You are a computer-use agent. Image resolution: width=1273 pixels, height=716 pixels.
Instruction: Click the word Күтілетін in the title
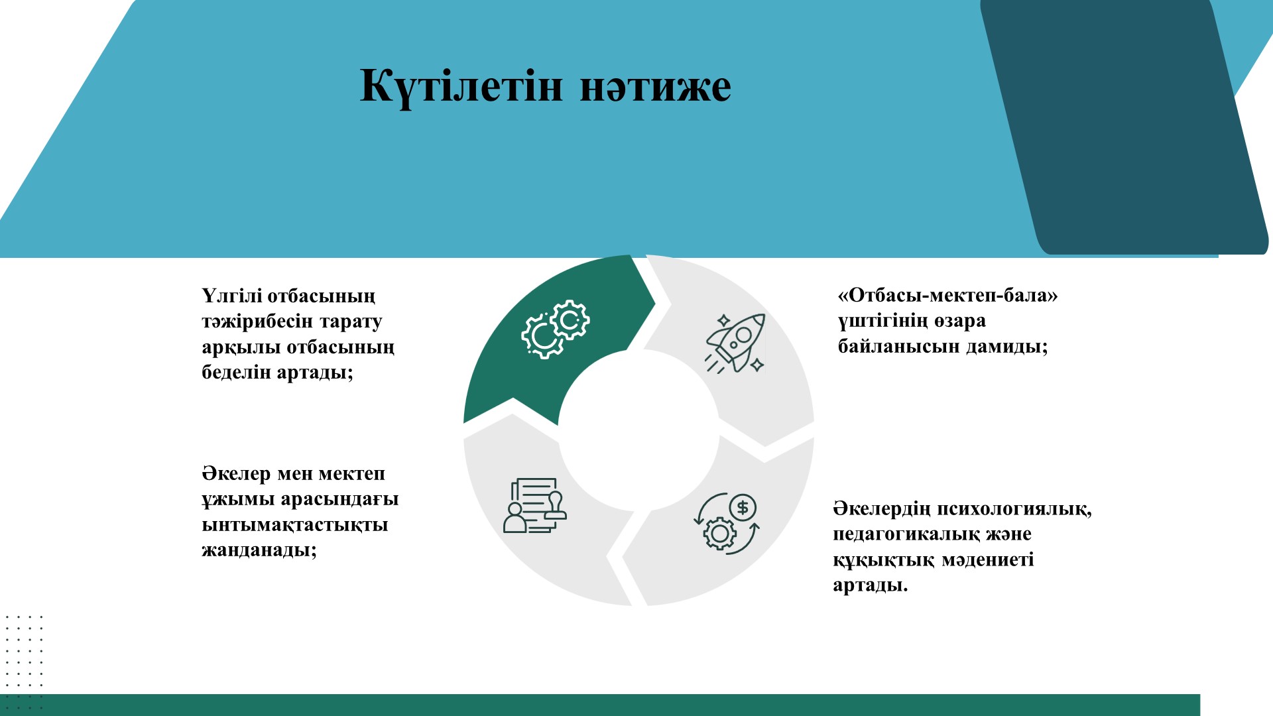461,87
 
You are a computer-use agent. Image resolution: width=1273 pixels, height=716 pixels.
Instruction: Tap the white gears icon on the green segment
556,329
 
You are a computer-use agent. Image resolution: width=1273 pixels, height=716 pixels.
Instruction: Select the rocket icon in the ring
735,343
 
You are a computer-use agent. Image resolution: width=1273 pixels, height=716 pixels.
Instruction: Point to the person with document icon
535,506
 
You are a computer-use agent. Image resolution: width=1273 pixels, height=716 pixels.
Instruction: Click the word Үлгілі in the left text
231,296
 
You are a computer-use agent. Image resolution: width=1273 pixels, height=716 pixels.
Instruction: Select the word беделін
236,372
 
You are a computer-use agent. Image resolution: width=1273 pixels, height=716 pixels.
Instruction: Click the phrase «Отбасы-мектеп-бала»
948,295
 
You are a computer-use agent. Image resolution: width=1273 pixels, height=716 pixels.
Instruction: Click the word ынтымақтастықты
295,525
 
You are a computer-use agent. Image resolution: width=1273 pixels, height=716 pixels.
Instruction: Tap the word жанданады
259,550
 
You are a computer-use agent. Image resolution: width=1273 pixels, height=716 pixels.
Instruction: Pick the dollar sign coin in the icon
743,508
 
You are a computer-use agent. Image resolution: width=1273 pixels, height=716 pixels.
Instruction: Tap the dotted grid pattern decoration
23,663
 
